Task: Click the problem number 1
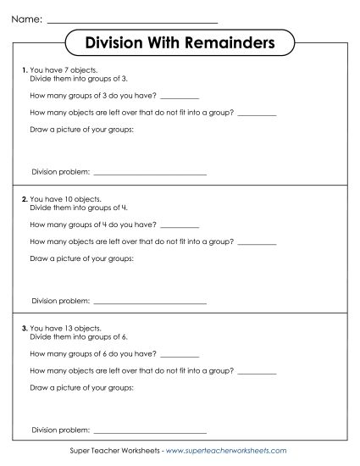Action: click(x=24, y=69)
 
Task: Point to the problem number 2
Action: click(x=24, y=198)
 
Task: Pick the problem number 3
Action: click(x=24, y=327)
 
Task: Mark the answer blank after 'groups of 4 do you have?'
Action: click(x=179, y=226)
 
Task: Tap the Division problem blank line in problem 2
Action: click(x=149, y=302)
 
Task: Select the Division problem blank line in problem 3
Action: click(x=149, y=431)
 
